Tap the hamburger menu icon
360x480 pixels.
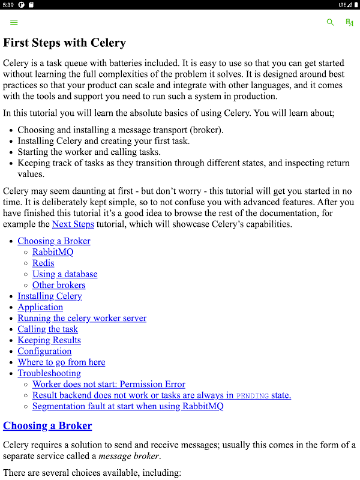click(14, 22)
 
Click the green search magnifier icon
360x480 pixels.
click(330, 22)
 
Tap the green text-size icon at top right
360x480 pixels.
click(350, 22)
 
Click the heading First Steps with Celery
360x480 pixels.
click(65, 43)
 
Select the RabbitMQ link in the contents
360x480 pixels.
click(53, 252)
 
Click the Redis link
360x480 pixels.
click(43, 263)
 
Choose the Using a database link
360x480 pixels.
click(65, 274)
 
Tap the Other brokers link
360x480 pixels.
click(59, 285)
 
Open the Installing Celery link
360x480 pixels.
click(50, 296)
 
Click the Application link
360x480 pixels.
click(40, 307)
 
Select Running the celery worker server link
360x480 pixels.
click(82, 318)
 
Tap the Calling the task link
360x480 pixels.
click(47, 329)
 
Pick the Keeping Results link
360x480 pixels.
click(49, 340)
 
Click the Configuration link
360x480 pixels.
click(44, 351)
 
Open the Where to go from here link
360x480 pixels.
click(61, 362)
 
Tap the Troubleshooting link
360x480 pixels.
click(49, 373)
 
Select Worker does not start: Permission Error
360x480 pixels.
click(109, 384)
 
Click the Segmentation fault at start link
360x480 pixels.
click(128, 406)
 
